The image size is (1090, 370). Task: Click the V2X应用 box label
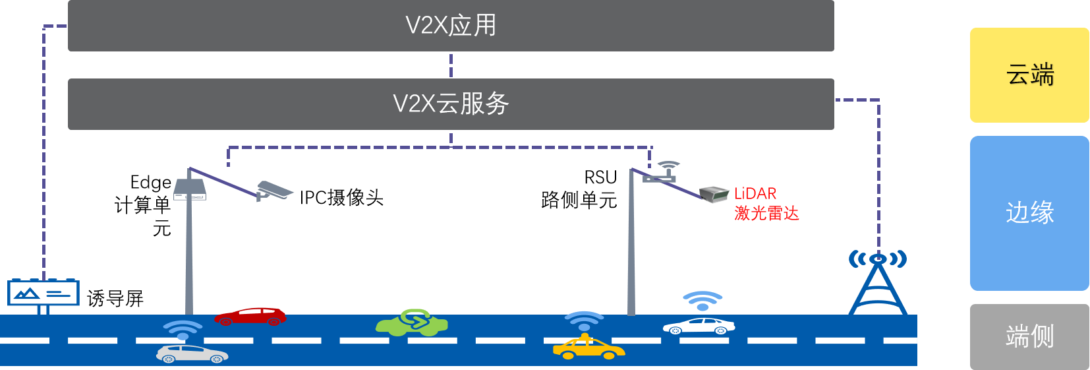tap(451, 26)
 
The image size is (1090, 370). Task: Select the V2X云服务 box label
tap(451, 104)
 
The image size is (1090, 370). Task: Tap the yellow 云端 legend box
tap(1029, 75)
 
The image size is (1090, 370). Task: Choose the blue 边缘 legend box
tap(1029, 213)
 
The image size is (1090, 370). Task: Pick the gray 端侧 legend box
tap(1029, 336)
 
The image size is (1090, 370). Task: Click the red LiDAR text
tap(755, 194)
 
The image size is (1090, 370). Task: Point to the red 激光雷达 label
tap(766, 213)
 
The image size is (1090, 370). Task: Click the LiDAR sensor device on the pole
tap(714, 194)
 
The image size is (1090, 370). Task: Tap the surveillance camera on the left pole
tap(275, 190)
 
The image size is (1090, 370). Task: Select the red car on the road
tap(250, 317)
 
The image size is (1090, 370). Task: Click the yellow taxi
tap(588, 348)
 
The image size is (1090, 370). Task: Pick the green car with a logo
tap(413, 323)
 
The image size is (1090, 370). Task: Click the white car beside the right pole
tap(699, 326)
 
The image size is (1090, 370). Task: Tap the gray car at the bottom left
tap(192, 354)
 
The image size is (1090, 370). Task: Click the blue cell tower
tap(878, 284)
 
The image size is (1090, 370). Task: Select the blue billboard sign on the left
tap(43, 293)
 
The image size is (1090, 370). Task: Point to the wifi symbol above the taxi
tap(584, 321)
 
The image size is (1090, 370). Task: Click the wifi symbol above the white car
tap(703, 300)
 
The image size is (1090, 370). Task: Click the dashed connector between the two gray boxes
tap(451, 65)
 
